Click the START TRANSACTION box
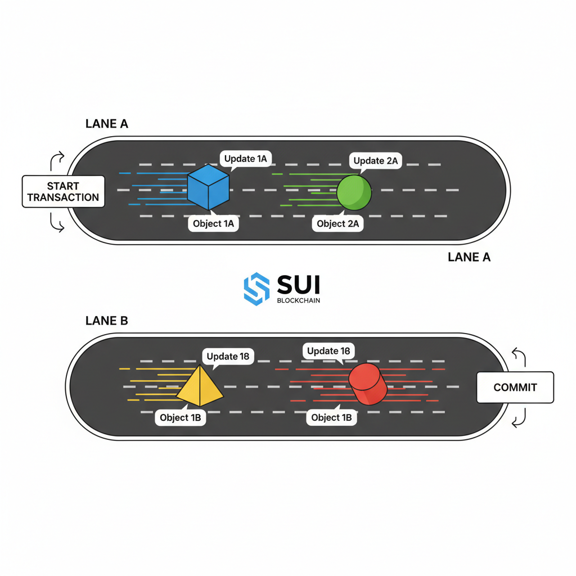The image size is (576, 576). pos(64,191)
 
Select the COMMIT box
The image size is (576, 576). pos(515,388)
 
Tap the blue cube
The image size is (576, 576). pos(208,187)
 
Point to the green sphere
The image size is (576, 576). pos(354,192)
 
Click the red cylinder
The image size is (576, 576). pos(367,384)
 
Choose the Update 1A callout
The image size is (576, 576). pos(245,159)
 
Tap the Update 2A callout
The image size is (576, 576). pos(376,161)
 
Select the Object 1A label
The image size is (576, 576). pos(213,223)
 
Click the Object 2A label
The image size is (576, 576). pos(338,223)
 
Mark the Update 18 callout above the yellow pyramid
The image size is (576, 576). pos(228,356)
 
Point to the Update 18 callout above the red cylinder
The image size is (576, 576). pos(328,351)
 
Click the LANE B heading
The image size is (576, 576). pos(107,321)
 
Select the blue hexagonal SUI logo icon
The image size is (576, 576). pos(256,289)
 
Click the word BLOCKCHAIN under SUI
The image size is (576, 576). pos(299,300)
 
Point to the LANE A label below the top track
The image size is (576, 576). pos(469,257)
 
